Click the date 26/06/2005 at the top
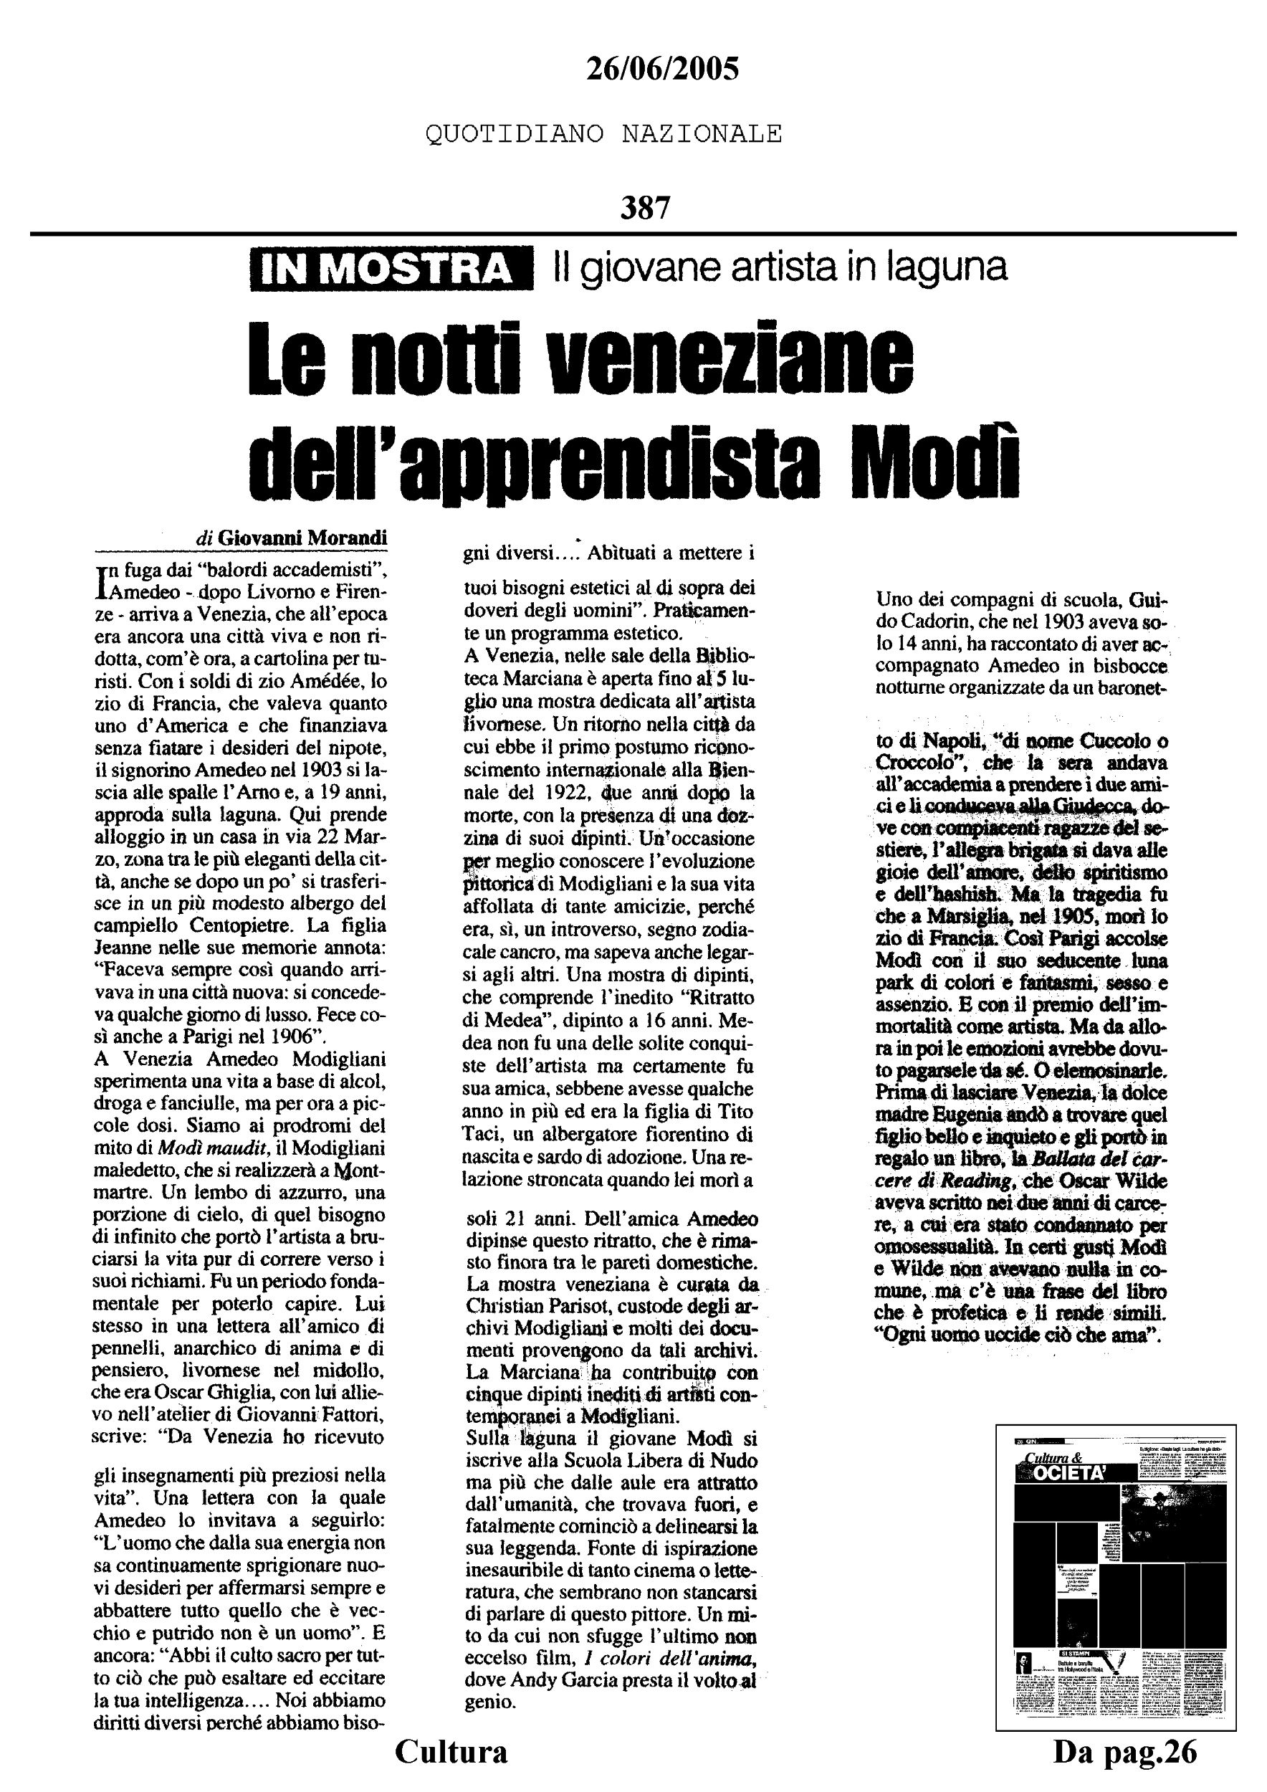tap(661, 70)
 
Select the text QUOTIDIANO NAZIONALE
tap(603, 134)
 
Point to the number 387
tap(645, 209)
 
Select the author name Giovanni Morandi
tap(302, 538)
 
